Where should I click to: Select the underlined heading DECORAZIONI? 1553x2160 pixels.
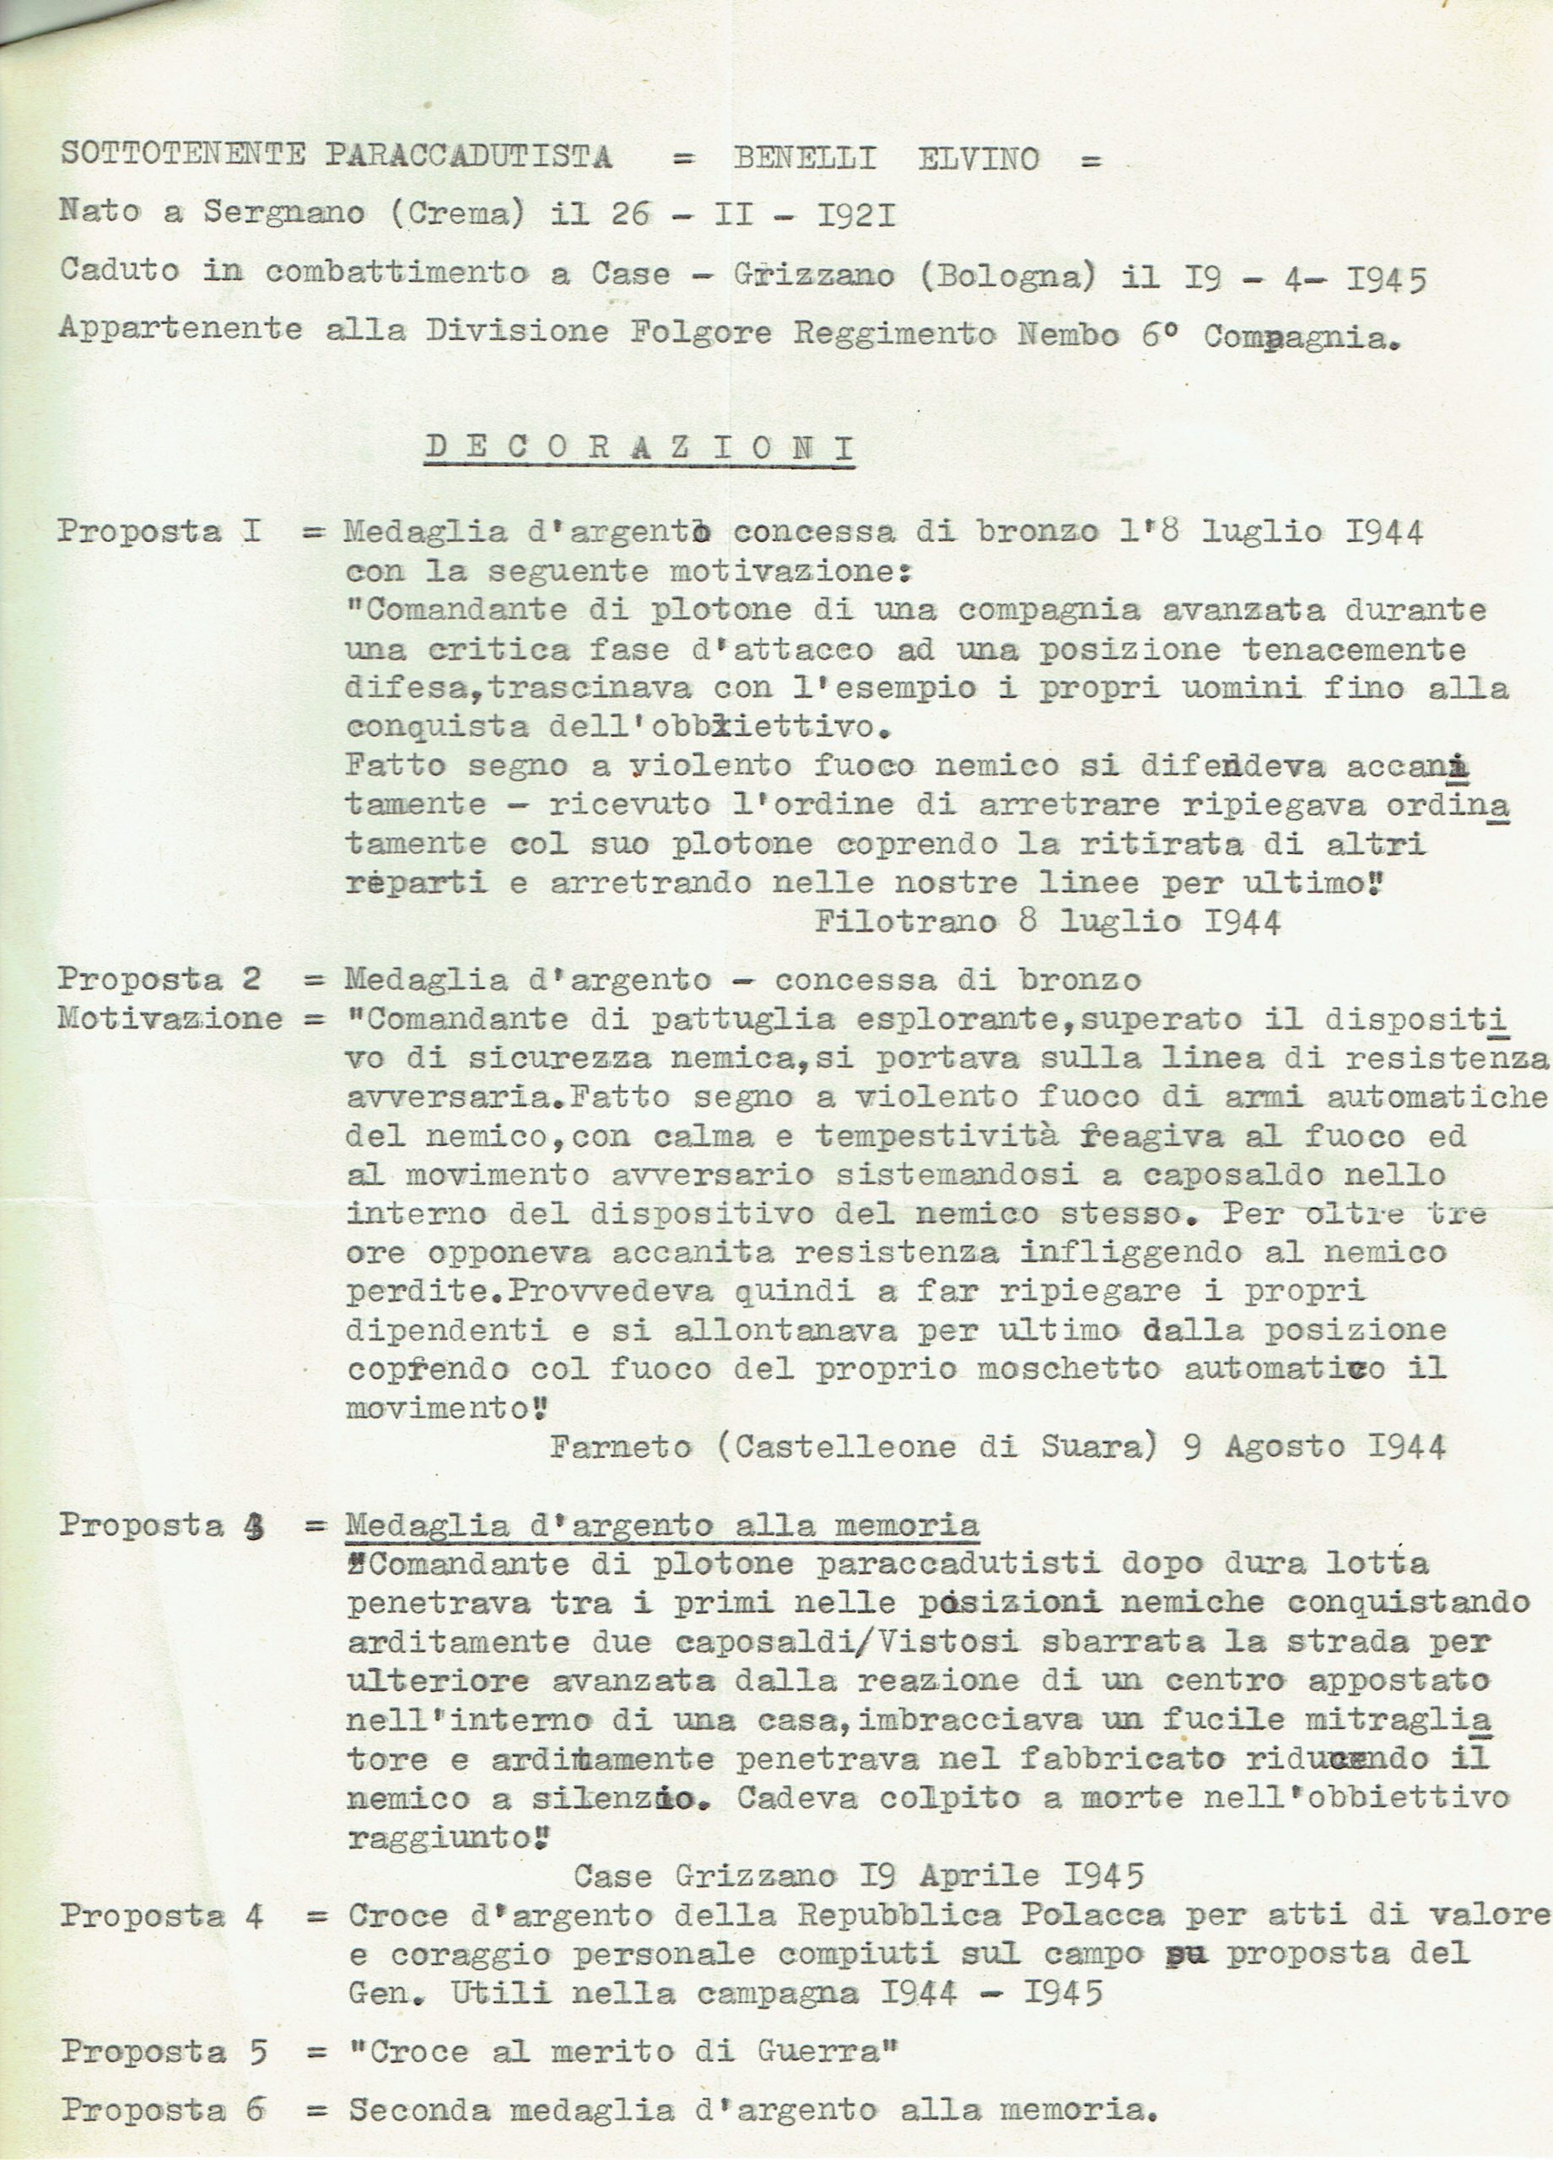pos(639,448)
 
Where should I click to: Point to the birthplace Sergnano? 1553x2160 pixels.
pos(283,213)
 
